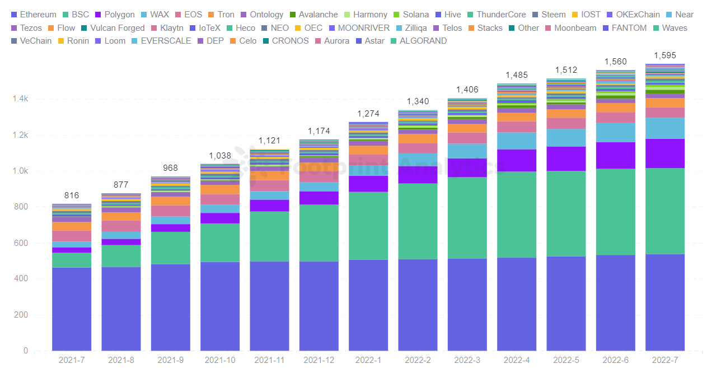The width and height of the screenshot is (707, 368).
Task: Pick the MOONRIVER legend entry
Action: pyautogui.click(x=363, y=27)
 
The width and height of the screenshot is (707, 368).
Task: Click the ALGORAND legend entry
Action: pyautogui.click(x=423, y=40)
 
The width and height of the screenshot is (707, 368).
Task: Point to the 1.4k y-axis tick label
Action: pyautogui.click(x=20, y=99)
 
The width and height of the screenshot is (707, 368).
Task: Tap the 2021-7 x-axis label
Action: pyautogui.click(x=72, y=360)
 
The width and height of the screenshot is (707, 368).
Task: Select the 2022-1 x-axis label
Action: pyautogui.click(x=368, y=360)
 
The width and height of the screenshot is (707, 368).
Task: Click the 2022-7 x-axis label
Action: pyautogui.click(x=665, y=360)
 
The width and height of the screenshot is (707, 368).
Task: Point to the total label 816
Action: pyautogui.click(x=72, y=195)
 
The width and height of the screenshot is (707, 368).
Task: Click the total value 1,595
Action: pyautogui.click(x=665, y=55)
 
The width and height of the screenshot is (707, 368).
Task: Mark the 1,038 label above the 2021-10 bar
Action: pyautogui.click(x=220, y=156)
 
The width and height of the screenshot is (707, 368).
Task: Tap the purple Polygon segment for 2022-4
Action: pyautogui.click(x=517, y=160)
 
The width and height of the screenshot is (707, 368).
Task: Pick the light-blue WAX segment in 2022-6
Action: pyautogui.click(x=615, y=132)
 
